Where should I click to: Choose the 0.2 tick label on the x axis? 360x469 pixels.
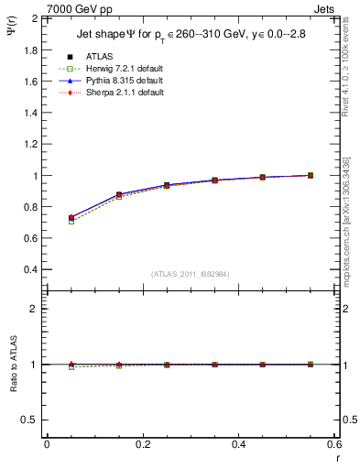pyautogui.click(x=143, y=444)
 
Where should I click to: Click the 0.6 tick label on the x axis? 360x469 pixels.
pyautogui.click(x=333, y=444)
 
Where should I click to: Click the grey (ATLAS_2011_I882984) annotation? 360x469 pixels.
pyautogui.click(x=191, y=274)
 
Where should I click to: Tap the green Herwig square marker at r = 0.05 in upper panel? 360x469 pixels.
pyautogui.click(x=71, y=222)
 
